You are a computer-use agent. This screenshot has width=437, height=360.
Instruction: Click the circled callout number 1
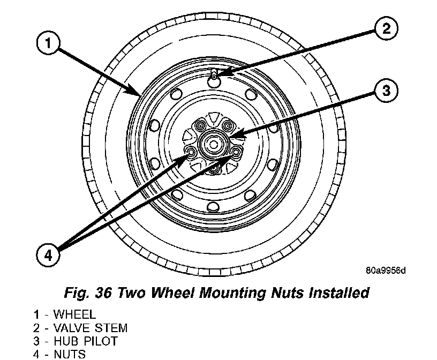(49, 44)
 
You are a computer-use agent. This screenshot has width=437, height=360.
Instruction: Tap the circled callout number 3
(386, 91)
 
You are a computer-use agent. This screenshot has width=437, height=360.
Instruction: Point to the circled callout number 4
(49, 256)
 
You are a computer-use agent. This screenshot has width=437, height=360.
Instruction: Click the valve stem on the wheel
(214, 78)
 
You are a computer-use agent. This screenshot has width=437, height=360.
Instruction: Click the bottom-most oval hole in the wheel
(213, 207)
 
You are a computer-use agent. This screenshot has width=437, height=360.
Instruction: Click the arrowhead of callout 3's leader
(237, 133)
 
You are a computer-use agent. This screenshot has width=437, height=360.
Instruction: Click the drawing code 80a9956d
(386, 270)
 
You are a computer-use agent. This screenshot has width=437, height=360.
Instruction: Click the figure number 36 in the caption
(105, 293)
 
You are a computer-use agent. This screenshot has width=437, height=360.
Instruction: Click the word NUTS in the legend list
(70, 354)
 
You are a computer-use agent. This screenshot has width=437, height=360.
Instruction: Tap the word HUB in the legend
(65, 341)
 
